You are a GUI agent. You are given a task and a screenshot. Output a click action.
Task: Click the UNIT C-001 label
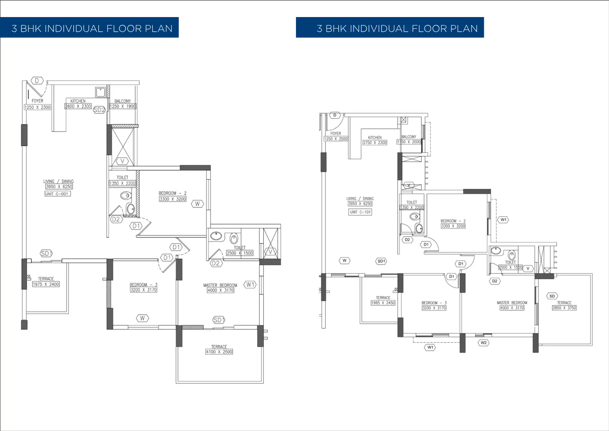[57, 194]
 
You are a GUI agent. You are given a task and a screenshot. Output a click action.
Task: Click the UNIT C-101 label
[360, 212]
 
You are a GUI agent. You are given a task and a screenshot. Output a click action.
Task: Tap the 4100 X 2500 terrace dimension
[219, 352]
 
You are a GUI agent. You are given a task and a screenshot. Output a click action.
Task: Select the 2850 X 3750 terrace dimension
[564, 308]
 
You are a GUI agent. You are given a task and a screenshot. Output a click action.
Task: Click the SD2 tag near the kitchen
[99, 110]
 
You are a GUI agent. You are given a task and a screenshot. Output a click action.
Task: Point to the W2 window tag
[484, 343]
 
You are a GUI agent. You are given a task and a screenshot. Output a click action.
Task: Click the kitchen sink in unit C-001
[100, 92]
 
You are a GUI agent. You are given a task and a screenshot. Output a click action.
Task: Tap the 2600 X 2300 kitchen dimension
[78, 106]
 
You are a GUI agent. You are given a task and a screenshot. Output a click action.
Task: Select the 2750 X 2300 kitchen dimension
[375, 143]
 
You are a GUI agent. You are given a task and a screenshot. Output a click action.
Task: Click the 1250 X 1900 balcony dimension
[123, 106]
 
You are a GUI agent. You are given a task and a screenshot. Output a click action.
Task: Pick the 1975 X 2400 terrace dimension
[46, 284]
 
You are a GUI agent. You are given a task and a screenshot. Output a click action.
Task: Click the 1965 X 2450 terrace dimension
[383, 303]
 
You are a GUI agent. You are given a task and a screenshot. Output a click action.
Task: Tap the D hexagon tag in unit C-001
[37, 81]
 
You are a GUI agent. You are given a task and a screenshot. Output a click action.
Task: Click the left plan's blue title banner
[89, 28]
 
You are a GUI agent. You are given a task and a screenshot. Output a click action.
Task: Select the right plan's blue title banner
[390, 28]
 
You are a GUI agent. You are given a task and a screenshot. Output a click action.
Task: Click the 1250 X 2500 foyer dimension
[336, 139]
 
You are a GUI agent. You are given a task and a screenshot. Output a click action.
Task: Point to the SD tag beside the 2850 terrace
[552, 296]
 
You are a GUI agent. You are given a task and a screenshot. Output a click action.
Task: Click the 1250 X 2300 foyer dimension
[38, 107]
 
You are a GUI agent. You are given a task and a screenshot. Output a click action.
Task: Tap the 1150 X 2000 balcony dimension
[409, 142]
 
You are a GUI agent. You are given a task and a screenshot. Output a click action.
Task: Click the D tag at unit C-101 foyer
[335, 115]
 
